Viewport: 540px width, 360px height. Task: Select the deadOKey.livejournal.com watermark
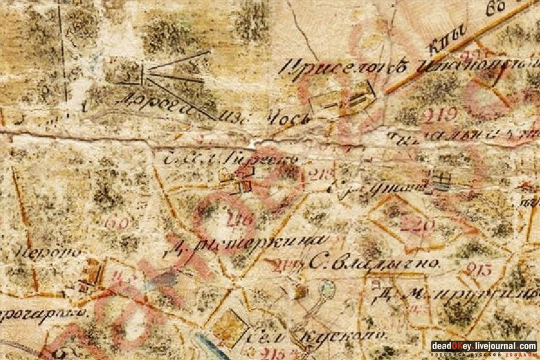tap(484, 346)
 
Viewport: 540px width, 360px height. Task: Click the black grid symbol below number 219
tap(442, 178)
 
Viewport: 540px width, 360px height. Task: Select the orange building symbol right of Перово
tap(91, 273)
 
